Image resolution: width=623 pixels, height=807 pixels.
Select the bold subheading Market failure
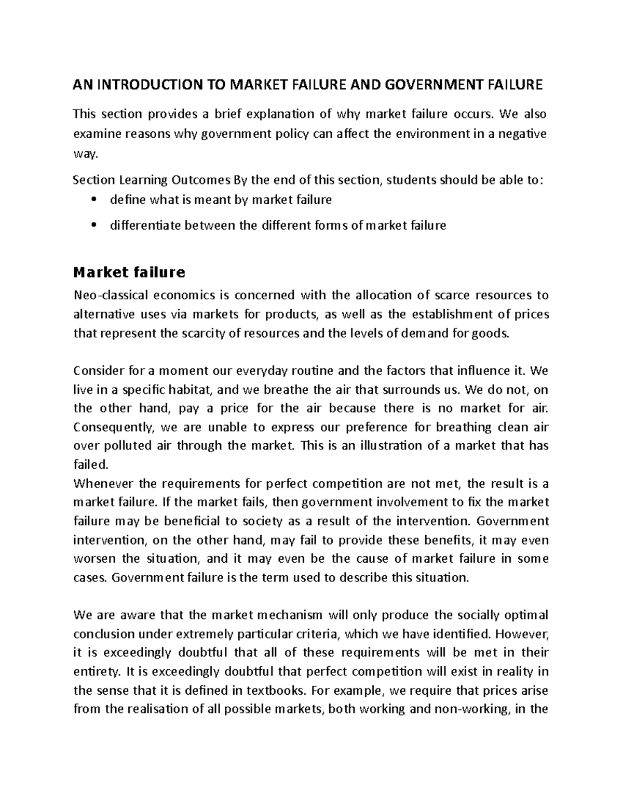coord(129,272)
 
